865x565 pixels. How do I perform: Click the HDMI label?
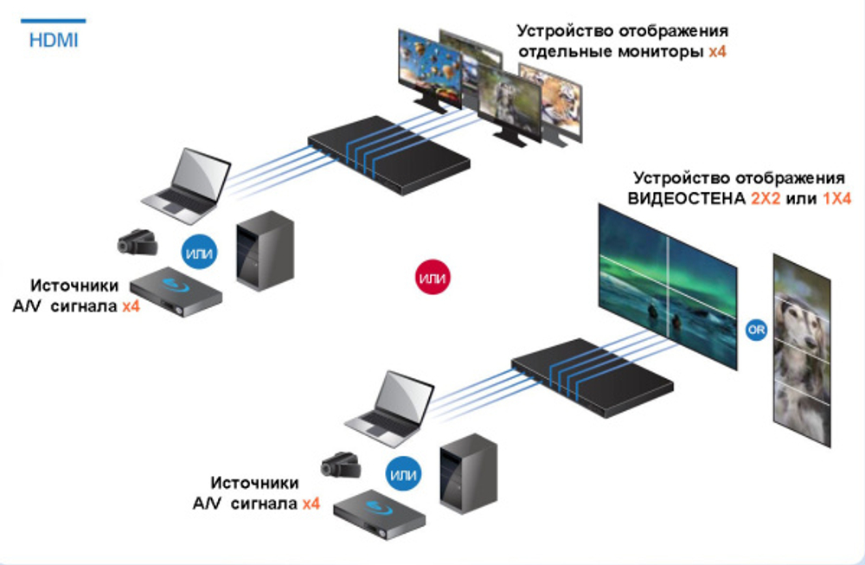[53, 40]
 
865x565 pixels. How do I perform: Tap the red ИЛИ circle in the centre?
[431, 278]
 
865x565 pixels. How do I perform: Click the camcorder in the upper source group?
[138, 243]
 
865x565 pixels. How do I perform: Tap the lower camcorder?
[341, 466]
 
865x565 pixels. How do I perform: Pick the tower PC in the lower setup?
[468, 472]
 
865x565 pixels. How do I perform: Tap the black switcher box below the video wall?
[592, 376]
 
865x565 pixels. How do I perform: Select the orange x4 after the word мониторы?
[717, 52]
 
